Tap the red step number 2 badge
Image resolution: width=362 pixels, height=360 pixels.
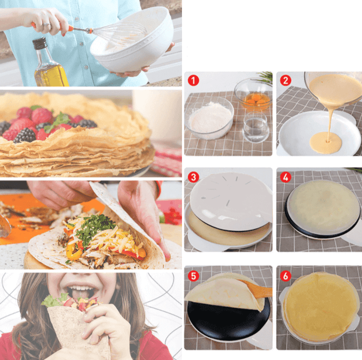point(286,80)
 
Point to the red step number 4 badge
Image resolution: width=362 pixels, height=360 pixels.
point(286,177)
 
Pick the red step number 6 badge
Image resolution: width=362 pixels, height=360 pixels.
point(286,275)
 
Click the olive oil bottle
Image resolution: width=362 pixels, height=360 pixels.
point(50,65)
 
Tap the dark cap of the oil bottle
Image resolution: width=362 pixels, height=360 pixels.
point(40,43)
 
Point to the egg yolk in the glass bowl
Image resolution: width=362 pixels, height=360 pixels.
point(254,98)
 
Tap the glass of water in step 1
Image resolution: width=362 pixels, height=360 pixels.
point(255,127)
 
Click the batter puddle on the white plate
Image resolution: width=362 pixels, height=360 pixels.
point(325,143)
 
